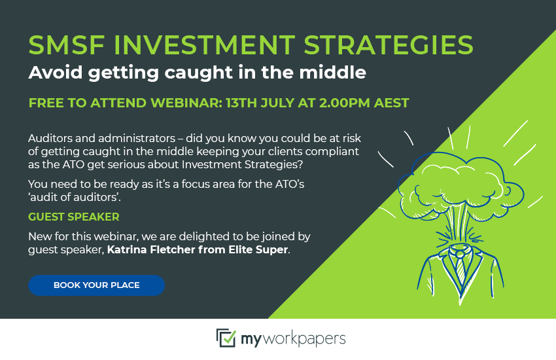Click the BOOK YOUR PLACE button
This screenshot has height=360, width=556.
click(x=96, y=285)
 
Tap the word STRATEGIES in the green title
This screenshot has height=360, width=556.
click(x=389, y=45)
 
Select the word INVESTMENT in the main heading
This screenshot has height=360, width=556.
click(x=204, y=45)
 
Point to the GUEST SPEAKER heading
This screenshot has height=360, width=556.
click(x=74, y=217)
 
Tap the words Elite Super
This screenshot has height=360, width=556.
click(x=258, y=249)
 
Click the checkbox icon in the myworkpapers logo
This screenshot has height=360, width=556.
click(x=226, y=338)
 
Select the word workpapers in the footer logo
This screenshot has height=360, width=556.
click(x=304, y=339)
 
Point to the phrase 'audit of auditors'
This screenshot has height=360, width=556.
click(x=75, y=197)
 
